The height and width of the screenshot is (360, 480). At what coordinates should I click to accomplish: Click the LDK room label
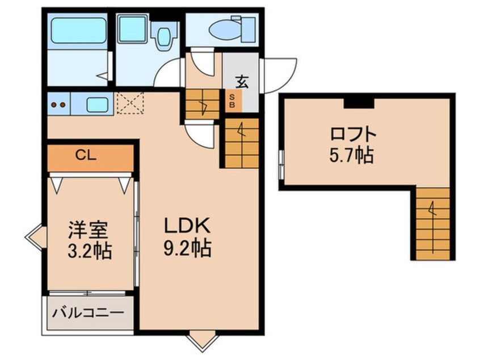point(188,226)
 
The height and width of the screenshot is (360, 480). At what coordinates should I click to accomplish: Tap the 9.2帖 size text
point(188,248)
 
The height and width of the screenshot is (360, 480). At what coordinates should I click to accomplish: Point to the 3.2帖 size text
point(89,250)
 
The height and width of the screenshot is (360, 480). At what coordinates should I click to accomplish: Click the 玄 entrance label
point(241,82)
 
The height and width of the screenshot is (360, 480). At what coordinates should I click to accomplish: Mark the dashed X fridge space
point(129,104)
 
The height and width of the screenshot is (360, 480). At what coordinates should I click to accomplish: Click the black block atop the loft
point(359,102)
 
